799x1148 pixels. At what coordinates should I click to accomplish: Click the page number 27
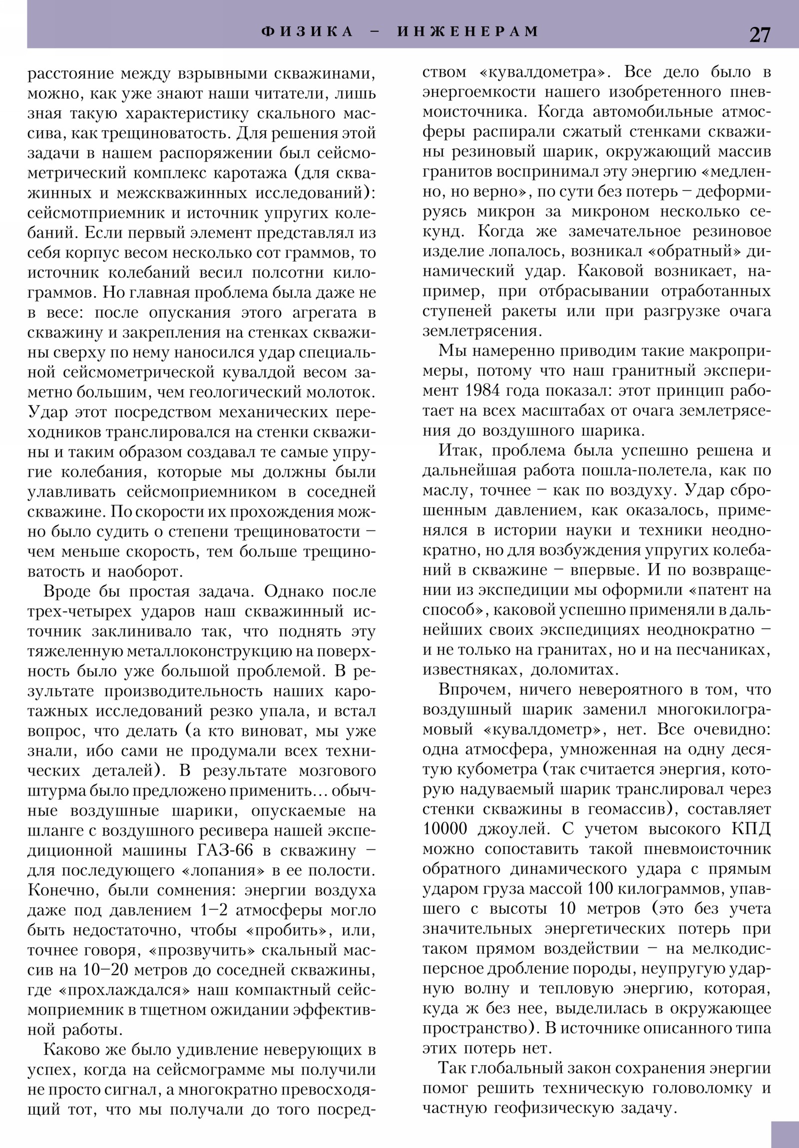[x=759, y=35]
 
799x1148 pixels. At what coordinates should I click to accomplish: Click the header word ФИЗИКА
[x=307, y=31]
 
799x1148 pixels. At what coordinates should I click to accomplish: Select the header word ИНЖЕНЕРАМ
[x=468, y=31]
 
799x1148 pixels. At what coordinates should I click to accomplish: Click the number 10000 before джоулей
[x=445, y=829]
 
